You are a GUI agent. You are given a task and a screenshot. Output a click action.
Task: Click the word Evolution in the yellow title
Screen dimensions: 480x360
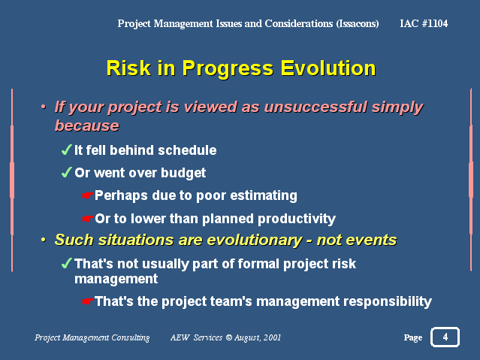tap(328, 68)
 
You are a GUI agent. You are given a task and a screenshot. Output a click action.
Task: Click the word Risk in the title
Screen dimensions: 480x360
tap(128, 68)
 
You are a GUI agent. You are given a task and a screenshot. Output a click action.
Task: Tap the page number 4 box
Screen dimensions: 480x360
tap(445, 337)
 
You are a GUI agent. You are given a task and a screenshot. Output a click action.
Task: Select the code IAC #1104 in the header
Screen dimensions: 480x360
tap(424, 23)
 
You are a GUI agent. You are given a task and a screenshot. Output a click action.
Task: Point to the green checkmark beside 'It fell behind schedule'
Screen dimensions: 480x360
tap(66, 150)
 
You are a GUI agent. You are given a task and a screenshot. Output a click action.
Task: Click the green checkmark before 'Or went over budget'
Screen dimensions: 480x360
tap(66, 172)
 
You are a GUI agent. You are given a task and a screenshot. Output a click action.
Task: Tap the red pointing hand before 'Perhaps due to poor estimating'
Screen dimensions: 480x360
tap(87, 195)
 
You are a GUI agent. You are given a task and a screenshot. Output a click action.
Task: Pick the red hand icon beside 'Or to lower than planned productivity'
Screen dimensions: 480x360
tap(87, 219)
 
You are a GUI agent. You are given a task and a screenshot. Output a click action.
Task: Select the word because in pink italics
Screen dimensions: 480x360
tap(87, 126)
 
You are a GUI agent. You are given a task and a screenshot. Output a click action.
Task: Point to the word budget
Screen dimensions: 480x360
tap(183, 173)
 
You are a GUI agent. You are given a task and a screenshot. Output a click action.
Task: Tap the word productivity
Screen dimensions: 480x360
tap(297, 219)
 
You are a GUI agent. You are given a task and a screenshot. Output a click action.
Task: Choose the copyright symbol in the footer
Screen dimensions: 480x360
tap(229, 337)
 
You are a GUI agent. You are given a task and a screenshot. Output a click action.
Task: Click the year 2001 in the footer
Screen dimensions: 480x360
tap(272, 337)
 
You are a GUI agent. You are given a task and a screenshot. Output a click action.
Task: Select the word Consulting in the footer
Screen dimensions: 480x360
tap(131, 337)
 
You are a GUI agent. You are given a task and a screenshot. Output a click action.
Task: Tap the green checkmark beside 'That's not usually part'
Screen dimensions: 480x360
tap(66, 263)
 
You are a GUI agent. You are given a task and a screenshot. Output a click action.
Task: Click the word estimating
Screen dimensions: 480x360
tap(264, 195)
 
